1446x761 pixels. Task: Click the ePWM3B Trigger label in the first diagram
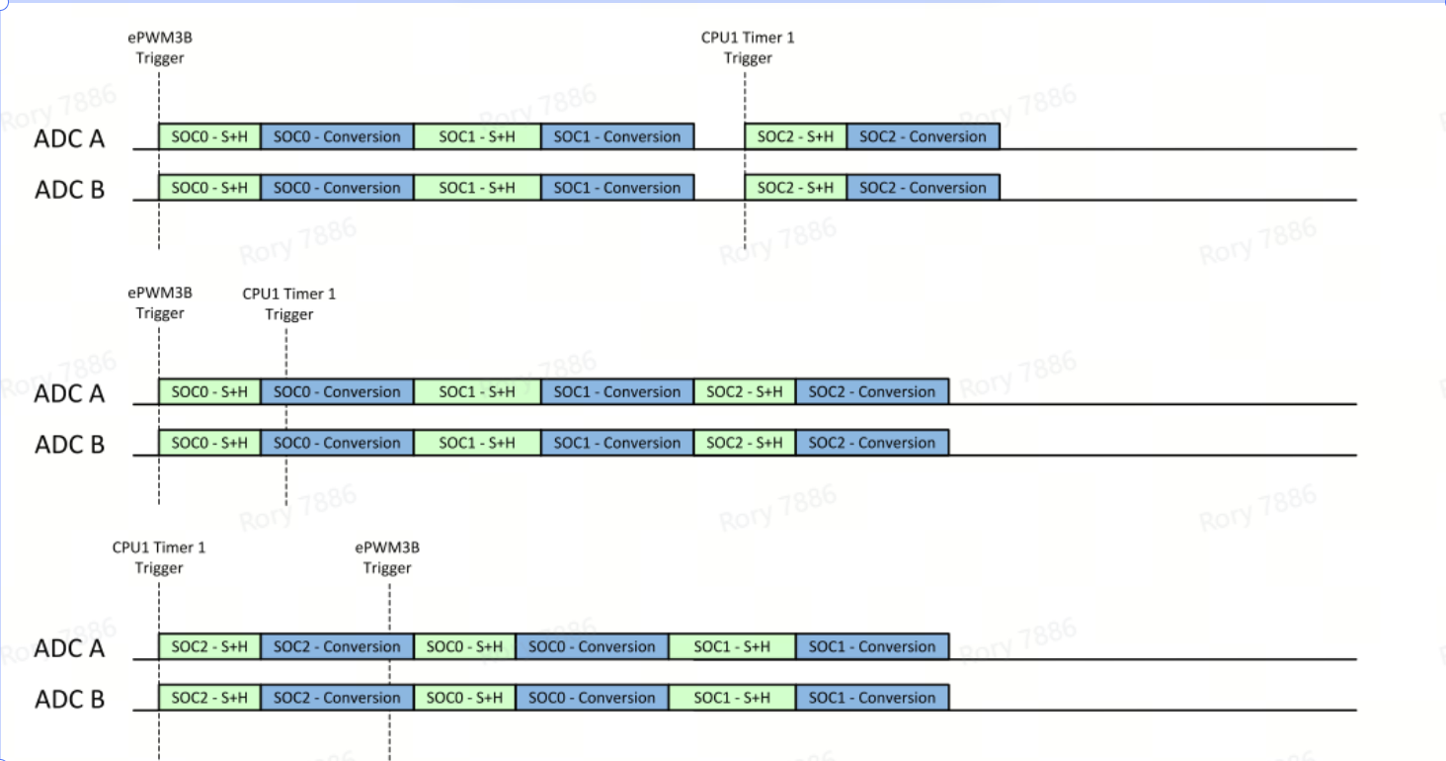point(159,47)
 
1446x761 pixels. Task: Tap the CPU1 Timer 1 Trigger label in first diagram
point(747,47)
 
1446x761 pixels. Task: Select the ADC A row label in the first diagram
point(69,138)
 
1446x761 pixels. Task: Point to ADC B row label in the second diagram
point(69,445)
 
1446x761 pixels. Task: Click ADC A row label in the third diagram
point(69,648)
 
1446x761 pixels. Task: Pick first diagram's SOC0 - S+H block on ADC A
point(209,136)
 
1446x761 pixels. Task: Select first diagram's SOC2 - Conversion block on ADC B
point(923,188)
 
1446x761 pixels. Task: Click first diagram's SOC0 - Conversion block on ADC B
point(337,188)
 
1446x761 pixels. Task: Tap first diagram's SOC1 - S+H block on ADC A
point(477,136)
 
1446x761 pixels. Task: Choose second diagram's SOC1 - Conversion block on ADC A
point(617,391)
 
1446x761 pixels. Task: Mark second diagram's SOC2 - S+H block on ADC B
point(745,443)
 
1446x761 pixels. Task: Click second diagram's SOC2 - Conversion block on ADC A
point(871,391)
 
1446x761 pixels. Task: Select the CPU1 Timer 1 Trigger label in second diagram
point(288,303)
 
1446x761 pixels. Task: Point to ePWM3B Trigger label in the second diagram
point(159,303)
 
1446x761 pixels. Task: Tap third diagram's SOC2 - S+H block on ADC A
point(209,646)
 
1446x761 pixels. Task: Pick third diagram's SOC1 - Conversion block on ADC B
point(871,698)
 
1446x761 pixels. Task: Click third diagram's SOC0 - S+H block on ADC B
point(464,698)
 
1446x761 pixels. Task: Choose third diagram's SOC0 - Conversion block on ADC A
point(592,646)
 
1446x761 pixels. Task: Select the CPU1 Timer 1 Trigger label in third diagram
point(159,557)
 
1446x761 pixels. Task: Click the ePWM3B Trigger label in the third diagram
point(387,557)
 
